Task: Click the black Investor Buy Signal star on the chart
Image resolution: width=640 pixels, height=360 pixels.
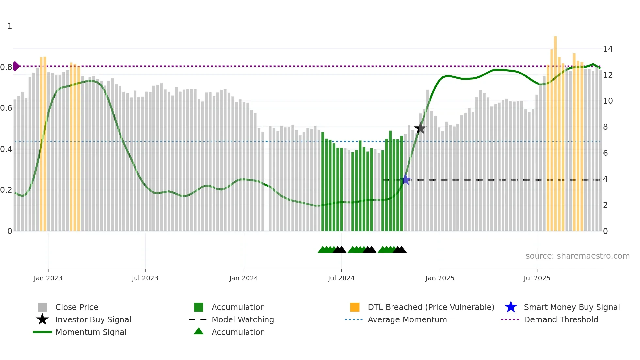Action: [x=420, y=128]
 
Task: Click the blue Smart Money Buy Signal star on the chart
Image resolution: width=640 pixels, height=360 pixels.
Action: [x=405, y=179]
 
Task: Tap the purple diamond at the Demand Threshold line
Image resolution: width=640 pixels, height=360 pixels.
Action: [x=16, y=66]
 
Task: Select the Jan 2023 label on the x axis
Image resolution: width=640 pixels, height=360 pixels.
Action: [x=48, y=278]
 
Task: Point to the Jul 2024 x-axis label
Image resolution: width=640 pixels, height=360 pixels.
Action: [x=341, y=278]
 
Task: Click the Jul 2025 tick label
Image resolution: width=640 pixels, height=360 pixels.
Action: [x=537, y=278]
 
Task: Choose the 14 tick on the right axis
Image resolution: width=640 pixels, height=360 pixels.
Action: [x=608, y=49]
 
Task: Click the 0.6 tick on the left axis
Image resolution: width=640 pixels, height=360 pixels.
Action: [x=6, y=108]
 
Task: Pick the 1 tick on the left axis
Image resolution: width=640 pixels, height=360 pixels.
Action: [x=10, y=26]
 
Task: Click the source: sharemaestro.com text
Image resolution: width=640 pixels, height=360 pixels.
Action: [x=577, y=256]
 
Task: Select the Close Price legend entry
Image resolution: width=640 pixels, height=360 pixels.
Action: [x=77, y=307]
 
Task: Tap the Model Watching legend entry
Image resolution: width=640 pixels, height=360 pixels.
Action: [x=243, y=319]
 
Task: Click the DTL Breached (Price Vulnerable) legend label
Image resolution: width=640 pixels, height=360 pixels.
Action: [x=431, y=307]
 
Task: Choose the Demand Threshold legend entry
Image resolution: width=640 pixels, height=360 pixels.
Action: [x=561, y=319]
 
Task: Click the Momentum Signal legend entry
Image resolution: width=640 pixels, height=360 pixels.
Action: [x=91, y=332]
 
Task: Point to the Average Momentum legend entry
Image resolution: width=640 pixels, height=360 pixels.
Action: [x=407, y=319]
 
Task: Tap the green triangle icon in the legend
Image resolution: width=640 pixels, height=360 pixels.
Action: [x=199, y=331]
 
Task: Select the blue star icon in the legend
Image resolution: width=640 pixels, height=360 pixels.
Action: [x=511, y=307]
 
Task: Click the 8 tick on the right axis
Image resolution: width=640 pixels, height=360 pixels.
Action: [x=605, y=127]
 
